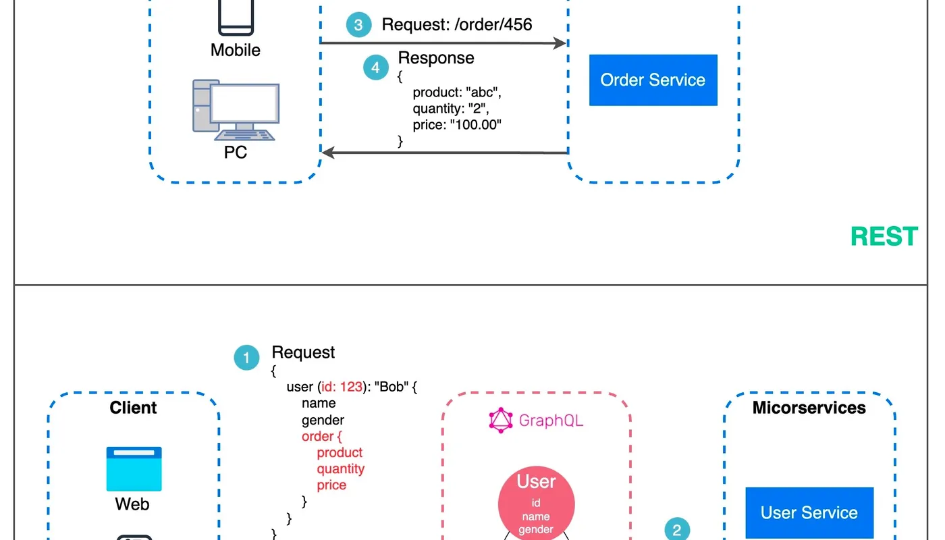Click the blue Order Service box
pos(653,80)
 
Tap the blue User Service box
pos(809,513)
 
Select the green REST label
pos(884,236)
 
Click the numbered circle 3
pos(358,26)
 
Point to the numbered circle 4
pos(376,67)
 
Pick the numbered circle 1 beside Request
pos(246,358)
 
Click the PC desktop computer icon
pos(235,110)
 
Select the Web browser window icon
pos(134,468)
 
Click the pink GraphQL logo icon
pos(500,421)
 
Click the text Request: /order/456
pos(457,25)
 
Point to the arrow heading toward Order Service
pos(443,44)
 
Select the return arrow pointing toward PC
pos(443,153)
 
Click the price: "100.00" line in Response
pos(457,125)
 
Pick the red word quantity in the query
pos(340,469)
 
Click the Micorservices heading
pos(809,408)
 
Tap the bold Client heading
pos(133,408)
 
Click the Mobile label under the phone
pos(235,50)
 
